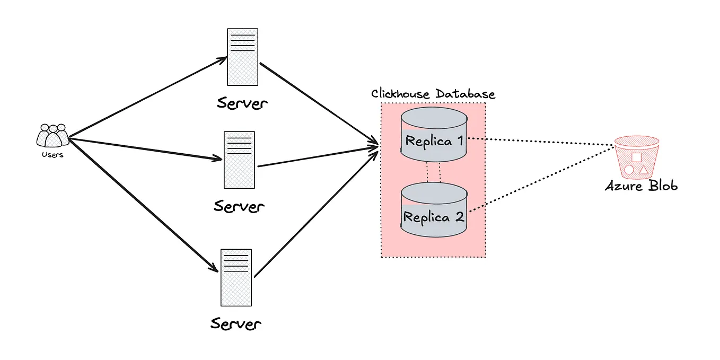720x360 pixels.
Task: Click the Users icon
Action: click(52, 136)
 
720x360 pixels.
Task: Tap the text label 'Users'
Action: click(52, 155)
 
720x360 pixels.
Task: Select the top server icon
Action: click(242, 57)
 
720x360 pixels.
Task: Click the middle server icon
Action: click(239, 160)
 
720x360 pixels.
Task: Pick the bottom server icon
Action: click(236, 277)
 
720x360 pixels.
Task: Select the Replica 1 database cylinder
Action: click(433, 135)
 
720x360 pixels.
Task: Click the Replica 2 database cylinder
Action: click(433, 210)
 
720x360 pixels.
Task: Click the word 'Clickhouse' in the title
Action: click(401, 94)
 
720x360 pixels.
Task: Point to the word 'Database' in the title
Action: click(466, 94)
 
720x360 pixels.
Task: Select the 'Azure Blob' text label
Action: click(641, 186)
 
